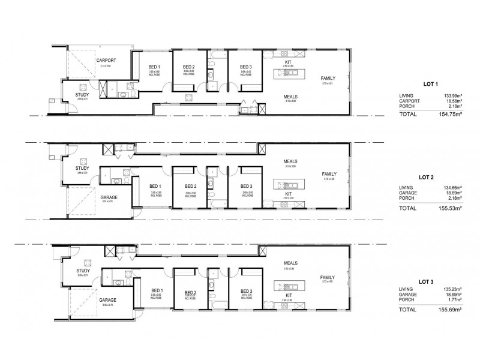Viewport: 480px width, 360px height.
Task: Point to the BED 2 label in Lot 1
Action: coord(189,67)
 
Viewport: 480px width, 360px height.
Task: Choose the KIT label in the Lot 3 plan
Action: coord(289,295)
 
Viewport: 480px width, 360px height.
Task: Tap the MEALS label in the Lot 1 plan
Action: coord(292,97)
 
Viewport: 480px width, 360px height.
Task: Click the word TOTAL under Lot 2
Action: coord(408,208)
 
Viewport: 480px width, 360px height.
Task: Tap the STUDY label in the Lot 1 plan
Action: coord(82,95)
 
